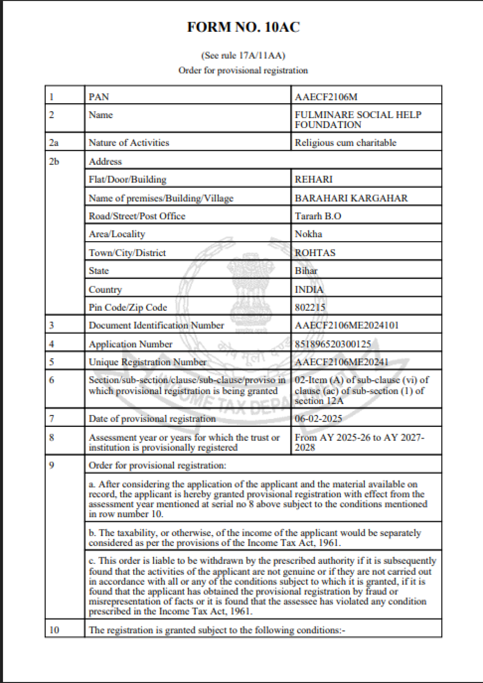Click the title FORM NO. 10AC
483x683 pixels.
pyautogui.click(x=243, y=27)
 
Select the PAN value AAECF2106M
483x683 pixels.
pyautogui.click(x=326, y=97)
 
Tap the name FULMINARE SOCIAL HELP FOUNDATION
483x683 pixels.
pyautogui.click(x=358, y=120)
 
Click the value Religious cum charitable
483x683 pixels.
pyautogui.click(x=345, y=143)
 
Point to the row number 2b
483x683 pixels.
pyautogui.click(x=54, y=162)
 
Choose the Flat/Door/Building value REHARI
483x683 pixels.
pyautogui.click(x=314, y=180)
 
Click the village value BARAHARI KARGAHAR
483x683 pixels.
pyautogui.click(x=351, y=198)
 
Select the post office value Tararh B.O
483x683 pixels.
pyautogui.click(x=318, y=216)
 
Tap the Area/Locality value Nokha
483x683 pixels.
pyautogui.click(x=308, y=234)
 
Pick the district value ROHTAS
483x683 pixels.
pyautogui.click(x=315, y=253)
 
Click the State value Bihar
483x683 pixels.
pyautogui.click(x=306, y=271)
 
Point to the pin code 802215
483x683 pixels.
pyautogui.click(x=310, y=307)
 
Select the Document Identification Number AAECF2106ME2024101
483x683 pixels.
pyautogui.click(x=346, y=325)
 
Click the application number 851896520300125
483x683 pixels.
pyautogui.click(x=333, y=344)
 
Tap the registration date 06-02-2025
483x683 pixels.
pyautogui.click(x=318, y=419)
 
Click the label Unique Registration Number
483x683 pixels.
pyautogui.click(x=148, y=362)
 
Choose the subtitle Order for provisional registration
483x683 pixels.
pyautogui.click(x=243, y=70)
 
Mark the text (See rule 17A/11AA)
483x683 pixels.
pyautogui.click(x=243, y=55)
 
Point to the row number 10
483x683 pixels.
pyautogui.click(x=54, y=630)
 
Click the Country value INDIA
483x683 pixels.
pyautogui.click(x=309, y=290)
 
